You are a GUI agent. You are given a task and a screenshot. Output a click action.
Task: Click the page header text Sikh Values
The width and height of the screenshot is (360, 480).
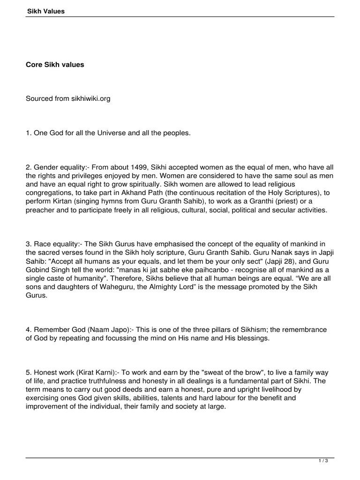[45, 11]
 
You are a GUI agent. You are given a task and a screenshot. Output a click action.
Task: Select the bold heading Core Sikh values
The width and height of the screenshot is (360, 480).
[55, 65]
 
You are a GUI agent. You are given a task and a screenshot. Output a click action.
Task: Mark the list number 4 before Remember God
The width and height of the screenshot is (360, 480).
[28, 330]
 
